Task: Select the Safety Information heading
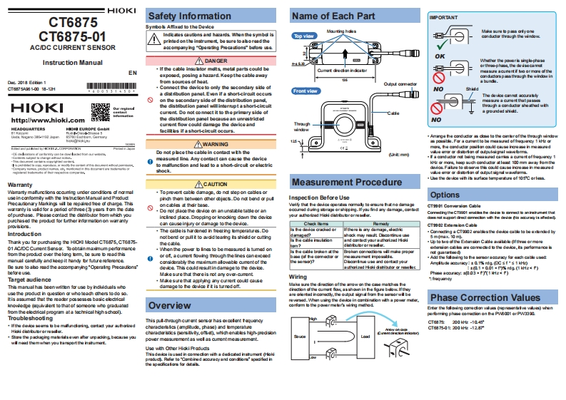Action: pyautogui.click(x=178, y=16)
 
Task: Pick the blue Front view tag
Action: pyautogui.click(x=305, y=91)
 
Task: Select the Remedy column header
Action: pyautogui.click(x=380, y=224)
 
